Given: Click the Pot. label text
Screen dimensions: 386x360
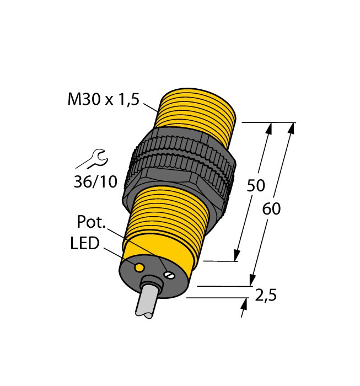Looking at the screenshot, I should (x=92, y=223).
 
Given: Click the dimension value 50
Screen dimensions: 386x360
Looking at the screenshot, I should (x=255, y=186).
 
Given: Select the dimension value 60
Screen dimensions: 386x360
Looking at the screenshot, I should (x=272, y=210).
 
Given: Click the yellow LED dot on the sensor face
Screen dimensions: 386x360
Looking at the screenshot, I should (x=140, y=267).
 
